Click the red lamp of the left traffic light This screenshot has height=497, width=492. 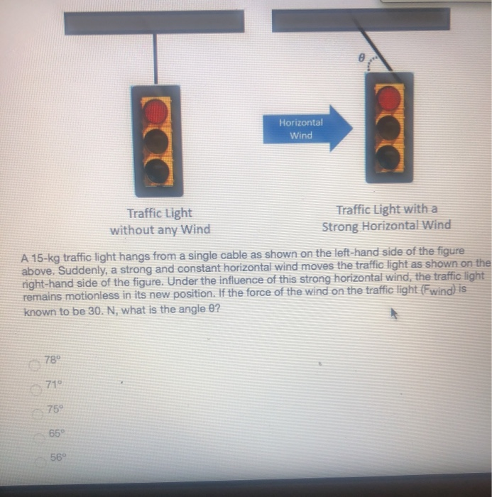156,111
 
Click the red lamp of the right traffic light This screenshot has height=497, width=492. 388,99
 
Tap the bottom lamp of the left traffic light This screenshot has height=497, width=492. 156,170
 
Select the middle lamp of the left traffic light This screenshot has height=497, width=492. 156,141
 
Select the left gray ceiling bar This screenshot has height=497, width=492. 154,22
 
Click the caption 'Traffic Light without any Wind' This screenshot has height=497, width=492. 160,221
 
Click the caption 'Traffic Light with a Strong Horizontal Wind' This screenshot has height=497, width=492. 386,217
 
